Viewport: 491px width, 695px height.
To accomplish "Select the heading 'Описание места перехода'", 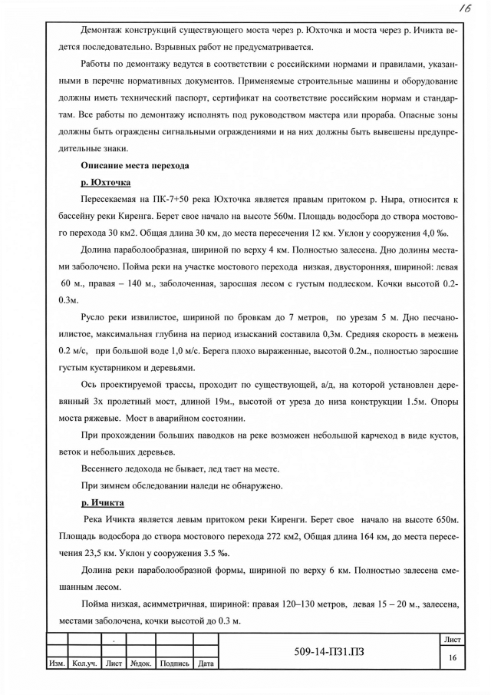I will coord(134,166).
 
